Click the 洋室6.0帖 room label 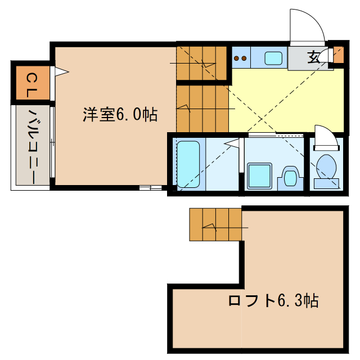click(120, 115)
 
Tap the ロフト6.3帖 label click(273, 300)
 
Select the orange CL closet click(31, 85)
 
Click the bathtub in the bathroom click(188, 164)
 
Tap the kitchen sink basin click(274, 57)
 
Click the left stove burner click(237, 57)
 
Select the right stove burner click(245, 57)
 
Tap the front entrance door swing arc click(307, 25)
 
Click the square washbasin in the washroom click(260, 176)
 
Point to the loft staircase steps click(215, 224)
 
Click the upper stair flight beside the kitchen click(202, 62)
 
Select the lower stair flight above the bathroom click(203, 107)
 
